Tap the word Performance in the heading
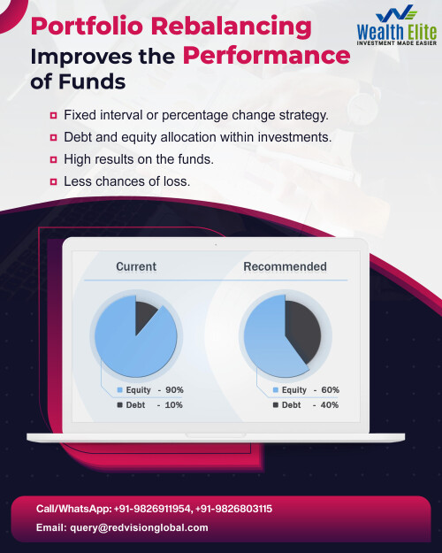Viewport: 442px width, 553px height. [266, 56]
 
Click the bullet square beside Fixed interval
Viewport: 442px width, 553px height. [54, 116]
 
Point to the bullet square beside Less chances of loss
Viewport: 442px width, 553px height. [54, 181]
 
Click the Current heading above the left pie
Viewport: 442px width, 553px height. [136, 266]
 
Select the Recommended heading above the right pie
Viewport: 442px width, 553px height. [285, 266]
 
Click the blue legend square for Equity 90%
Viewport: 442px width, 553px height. [119, 390]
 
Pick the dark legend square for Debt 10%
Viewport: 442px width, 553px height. [119, 405]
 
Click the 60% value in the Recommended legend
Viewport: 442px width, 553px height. [330, 390]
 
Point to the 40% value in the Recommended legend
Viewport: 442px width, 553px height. [330, 405]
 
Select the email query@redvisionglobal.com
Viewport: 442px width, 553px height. [139, 527]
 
